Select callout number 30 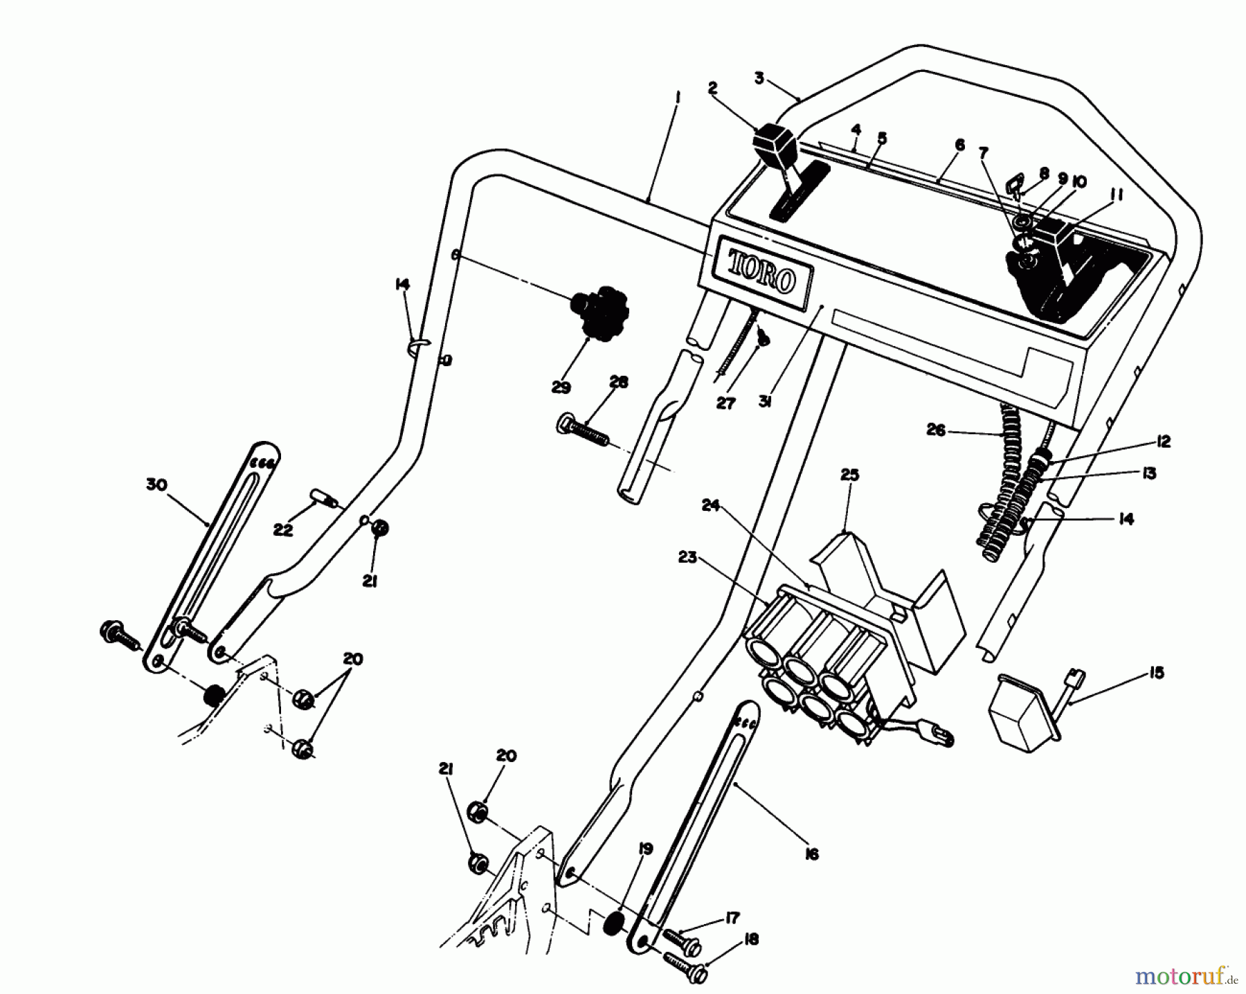[157, 485]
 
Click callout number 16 [812, 855]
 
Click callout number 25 [849, 475]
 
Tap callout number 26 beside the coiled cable [935, 431]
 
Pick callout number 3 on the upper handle [759, 78]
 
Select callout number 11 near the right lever [1116, 196]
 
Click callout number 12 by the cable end [1163, 442]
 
